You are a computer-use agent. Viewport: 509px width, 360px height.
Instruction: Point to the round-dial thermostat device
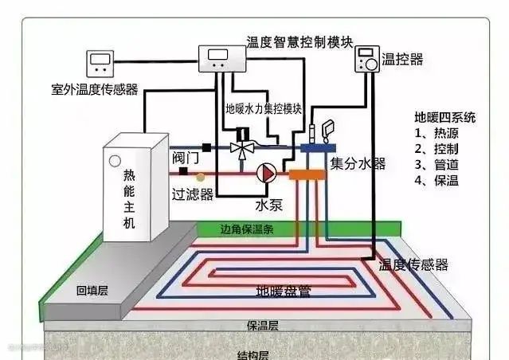[367, 60]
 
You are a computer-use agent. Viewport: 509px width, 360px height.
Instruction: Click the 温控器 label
[401, 60]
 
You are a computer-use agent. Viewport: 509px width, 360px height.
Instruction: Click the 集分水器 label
[358, 164]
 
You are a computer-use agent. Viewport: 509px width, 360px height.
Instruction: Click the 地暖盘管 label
[283, 291]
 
